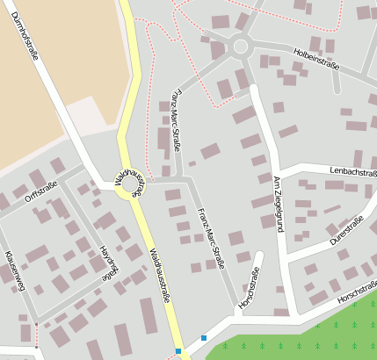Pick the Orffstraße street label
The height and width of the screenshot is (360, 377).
pos(40,191)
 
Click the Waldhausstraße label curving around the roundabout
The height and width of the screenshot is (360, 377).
pos(128,178)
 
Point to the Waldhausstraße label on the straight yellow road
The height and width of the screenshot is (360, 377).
pos(160,277)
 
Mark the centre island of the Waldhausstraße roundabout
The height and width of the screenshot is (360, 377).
pos(131,184)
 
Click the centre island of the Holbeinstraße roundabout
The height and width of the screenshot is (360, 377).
pos(240,47)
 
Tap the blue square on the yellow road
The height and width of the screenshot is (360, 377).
pos(178,351)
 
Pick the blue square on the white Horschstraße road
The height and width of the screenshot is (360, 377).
pos(204,338)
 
